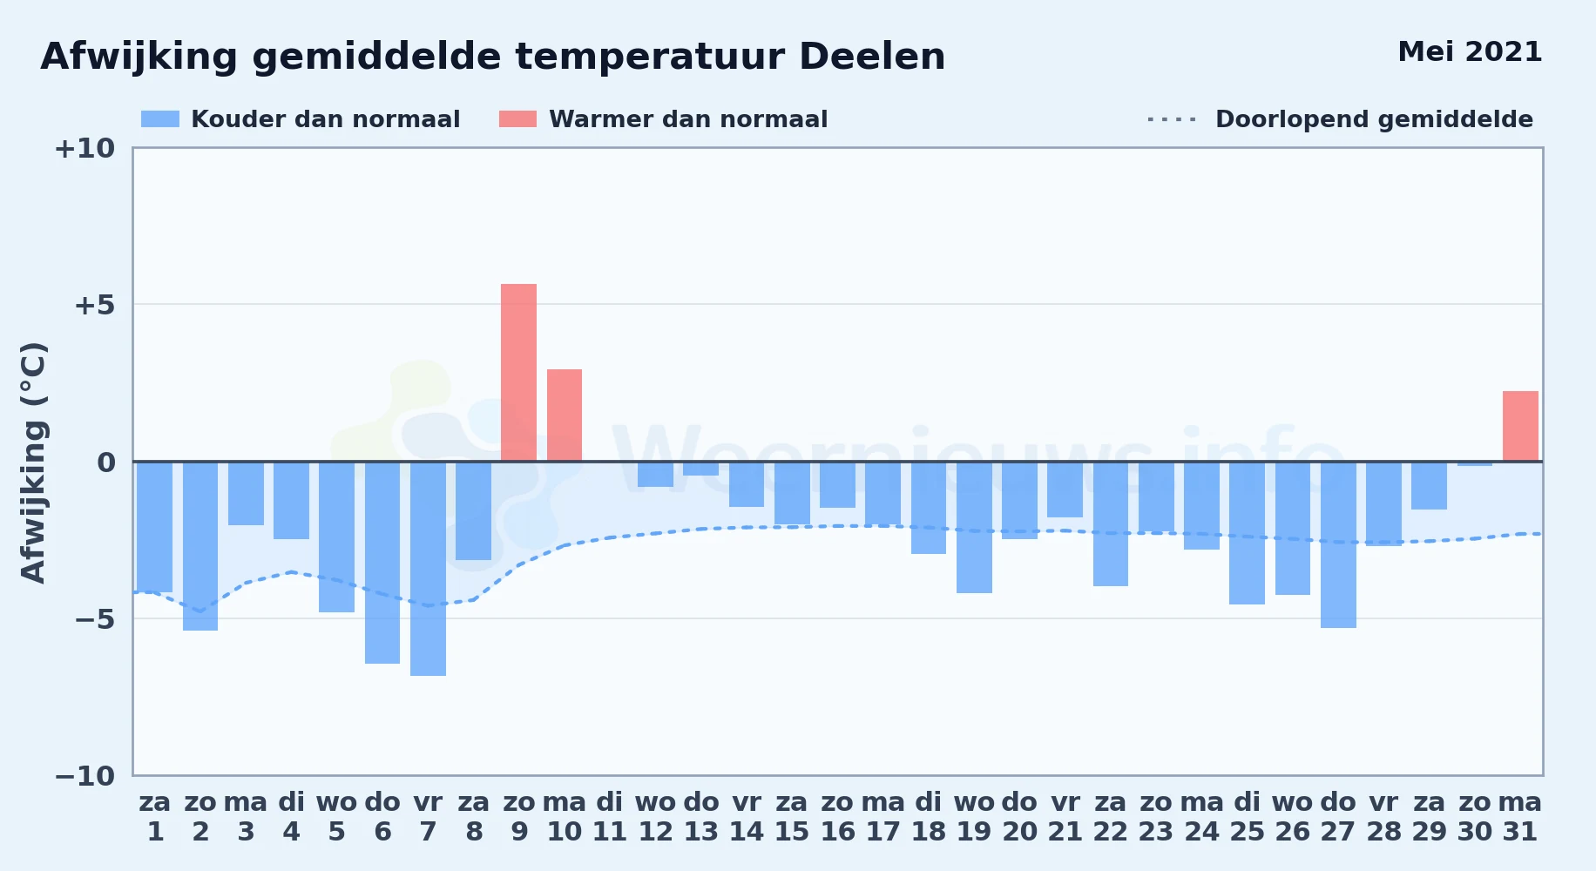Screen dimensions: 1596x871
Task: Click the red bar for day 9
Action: [x=518, y=373]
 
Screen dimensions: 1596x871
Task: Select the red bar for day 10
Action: [x=565, y=415]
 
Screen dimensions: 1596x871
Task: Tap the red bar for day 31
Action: [x=1520, y=427]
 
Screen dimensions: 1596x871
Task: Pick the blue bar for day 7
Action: [x=428, y=569]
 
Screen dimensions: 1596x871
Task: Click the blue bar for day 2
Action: [x=200, y=546]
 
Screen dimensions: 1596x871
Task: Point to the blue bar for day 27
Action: [x=1338, y=544]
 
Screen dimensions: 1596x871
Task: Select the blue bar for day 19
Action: [x=974, y=527]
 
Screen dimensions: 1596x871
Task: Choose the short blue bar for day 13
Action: [x=700, y=469]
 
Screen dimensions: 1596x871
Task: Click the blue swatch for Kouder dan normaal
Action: [x=160, y=119]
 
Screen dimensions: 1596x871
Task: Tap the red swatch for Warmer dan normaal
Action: [x=517, y=119]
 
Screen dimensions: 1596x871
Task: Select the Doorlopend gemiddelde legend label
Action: [x=1374, y=119]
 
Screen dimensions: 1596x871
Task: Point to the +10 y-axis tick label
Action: [x=85, y=148]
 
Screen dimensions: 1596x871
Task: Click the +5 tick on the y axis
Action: [x=94, y=305]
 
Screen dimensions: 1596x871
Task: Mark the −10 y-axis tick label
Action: [x=85, y=775]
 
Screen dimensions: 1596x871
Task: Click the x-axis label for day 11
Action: [x=610, y=817]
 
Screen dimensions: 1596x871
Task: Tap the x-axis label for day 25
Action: [x=1247, y=817]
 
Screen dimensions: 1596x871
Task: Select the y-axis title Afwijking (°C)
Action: [x=33, y=462]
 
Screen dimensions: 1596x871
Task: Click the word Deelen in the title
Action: [x=872, y=57]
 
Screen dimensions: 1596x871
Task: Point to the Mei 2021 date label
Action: [x=1470, y=51]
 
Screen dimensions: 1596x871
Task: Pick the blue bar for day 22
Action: [x=1111, y=523]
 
